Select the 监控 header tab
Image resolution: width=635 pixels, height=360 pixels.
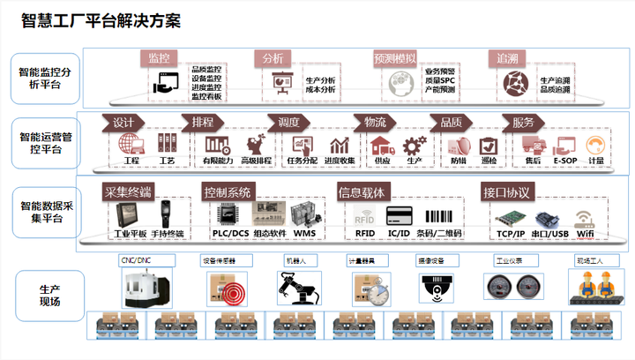[x=159, y=58]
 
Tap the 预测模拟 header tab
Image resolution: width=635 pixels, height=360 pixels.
[x=394, y=58]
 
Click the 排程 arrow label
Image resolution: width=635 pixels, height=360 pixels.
[x=202, y=122]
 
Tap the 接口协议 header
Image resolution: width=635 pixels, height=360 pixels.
[x=506, y=191]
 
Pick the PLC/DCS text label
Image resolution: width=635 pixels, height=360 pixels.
[x=228, y=234]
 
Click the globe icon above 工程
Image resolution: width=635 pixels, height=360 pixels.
[x=131, y=143]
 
